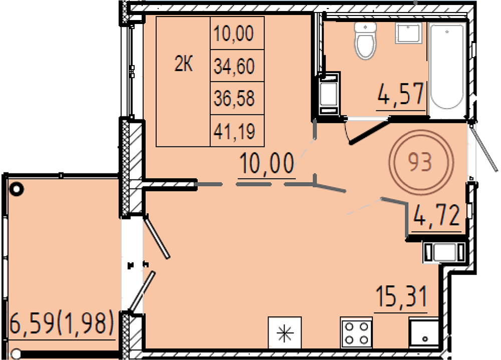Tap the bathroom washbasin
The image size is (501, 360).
pos(409,33)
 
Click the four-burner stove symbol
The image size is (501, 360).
pos(356,332)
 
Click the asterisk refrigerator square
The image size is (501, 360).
pos(285,332)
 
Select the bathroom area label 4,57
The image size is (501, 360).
pos(401,94)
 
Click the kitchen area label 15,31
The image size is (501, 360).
pos(401,296)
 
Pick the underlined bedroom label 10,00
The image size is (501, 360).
pos(267,163)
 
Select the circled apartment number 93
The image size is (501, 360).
pos(420,162)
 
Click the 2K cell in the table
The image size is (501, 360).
pos(183,65)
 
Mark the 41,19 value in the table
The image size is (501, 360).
pos(234,131)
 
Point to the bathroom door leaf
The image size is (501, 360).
pos(369,131)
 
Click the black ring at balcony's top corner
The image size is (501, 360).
pos(17,189)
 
